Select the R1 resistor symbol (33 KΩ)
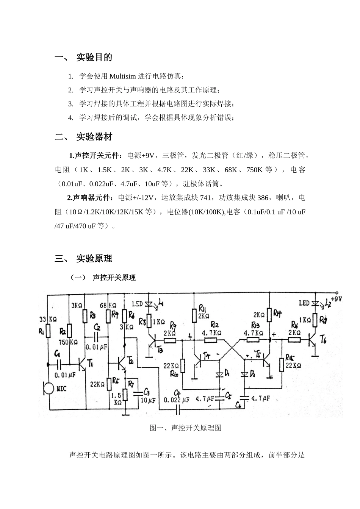[x=48, y=330]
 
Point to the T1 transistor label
[x=90, y=364]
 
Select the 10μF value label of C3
[x=148, y=400]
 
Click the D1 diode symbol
[x=219, y=374]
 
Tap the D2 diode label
[x=253, y=374]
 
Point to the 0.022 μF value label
[x=177, y=400]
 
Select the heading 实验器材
[x=94, y=137]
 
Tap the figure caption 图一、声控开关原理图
[x=185, y=428]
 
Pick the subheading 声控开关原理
[x=114, y=278]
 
